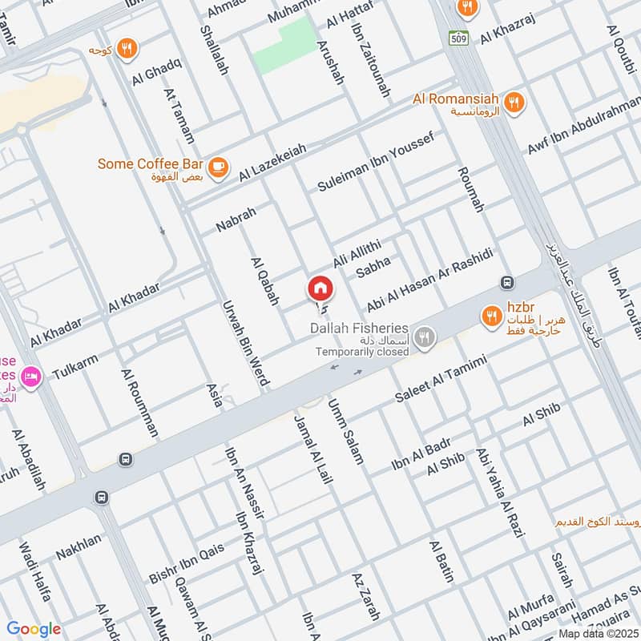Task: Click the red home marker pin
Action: [320, 288]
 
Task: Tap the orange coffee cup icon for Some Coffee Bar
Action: [217, 168]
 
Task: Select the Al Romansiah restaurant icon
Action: [514, 102]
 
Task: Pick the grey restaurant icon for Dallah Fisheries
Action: [426, 338]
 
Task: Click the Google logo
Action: [34, 629]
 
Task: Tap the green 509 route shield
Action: [457, 37]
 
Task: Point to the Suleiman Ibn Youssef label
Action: [376, 163]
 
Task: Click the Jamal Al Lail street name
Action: [313, 450]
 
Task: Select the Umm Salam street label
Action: [346, 432]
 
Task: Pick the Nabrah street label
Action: [236, 220]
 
